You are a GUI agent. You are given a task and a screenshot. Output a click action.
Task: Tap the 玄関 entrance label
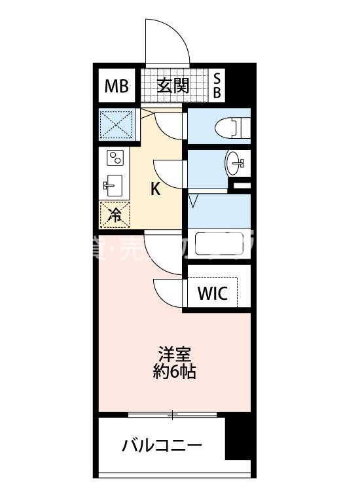click(x=173, y=85)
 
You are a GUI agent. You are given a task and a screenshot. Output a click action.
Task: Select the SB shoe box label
click(x=217, y=86)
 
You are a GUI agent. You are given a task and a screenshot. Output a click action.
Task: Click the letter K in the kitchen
click(x=156, y=189)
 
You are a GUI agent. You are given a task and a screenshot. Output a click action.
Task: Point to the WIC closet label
click(x=213, y=294)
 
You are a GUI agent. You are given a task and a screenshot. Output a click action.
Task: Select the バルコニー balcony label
click(x=162, y=446)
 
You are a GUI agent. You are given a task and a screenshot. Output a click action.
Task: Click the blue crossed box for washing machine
click(x=116, y=124)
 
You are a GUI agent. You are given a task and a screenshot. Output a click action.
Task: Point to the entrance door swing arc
click(x=168, y=43)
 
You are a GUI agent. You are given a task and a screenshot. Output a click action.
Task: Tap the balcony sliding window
click(x=173, y=414)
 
